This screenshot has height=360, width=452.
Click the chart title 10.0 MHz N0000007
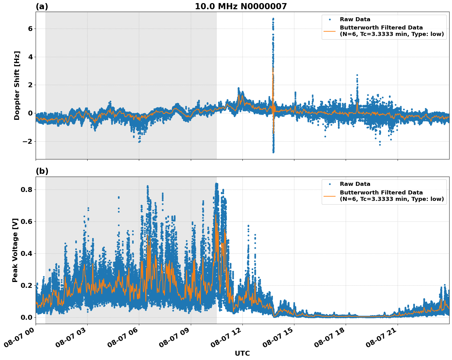241,6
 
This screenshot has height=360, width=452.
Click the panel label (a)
42,6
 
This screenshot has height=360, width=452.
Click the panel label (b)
42,171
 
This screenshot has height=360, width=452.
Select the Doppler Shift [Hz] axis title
17,85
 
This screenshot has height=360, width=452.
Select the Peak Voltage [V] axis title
15,250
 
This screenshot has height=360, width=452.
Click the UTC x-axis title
242,353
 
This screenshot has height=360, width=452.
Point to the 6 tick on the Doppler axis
30,29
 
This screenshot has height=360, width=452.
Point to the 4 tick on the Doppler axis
30,57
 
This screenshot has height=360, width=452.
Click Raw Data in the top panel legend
355,20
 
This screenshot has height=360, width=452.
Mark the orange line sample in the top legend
330,31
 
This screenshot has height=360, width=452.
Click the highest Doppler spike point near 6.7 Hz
273,19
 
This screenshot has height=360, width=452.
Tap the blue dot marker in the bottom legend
330,184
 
